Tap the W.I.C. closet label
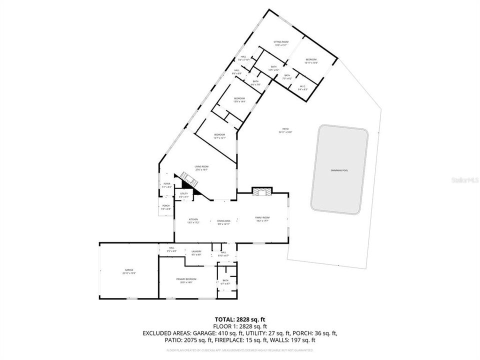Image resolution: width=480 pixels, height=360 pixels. pyautogui.click(x=302, y=88)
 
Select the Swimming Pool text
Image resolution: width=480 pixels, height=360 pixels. pyautogui.click(x=339, y=170)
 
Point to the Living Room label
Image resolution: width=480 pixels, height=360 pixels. pyautogui.click(x=201, y=168)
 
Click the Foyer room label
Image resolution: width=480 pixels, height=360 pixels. pyautogui.click(x=166, y=185)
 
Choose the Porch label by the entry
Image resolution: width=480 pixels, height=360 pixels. pyautogui.click(x=166, y=207)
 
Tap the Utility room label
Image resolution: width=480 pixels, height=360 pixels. pyautogui.click(x=184, y=195)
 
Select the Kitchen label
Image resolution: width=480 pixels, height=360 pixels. pyautogui.click(x=193, y=220)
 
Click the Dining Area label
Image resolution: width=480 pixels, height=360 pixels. pyautogui.click(x=223, y=222)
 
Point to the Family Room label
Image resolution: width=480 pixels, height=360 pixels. pyautogui.click(x=262, y=218)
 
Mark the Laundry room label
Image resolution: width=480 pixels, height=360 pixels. pyautogui.click(x=196, y=252)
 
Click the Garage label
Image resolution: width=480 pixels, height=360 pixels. pyautogui.click(x=129, y=271)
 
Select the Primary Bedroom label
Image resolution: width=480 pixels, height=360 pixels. pyautogui.click(x=186, y=280)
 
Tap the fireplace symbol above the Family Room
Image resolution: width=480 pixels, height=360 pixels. pyautogui.click(x=262, y=192)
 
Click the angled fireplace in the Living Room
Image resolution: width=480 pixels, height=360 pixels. pyautogui.click(x=189, y=179)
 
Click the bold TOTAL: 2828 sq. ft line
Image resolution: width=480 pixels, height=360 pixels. pyautogui.click(x=239, y=318)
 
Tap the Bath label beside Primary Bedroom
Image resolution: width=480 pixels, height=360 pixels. pyautogui.click(x=225, y=282)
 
